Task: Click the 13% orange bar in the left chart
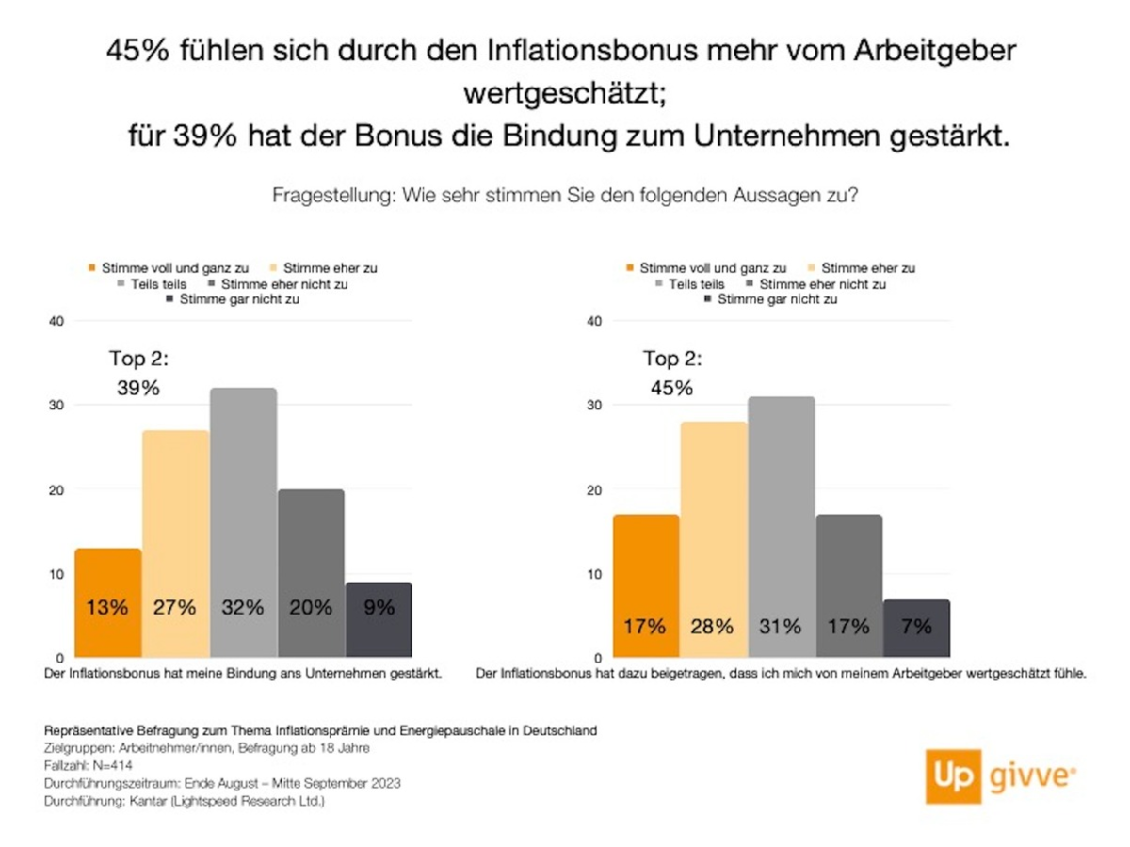(x=108, y=602)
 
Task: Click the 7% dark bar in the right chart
(x=916, y=628)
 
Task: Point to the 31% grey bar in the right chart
(x=782, y=527)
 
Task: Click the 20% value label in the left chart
(x=311, y=608)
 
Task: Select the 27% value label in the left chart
(x=175, y=608)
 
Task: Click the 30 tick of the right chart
(x=593, y=406)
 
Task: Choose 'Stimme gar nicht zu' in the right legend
(x=777, y=299)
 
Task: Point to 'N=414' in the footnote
(x=90, y=765)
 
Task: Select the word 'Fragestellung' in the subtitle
(x=332, y=197)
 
